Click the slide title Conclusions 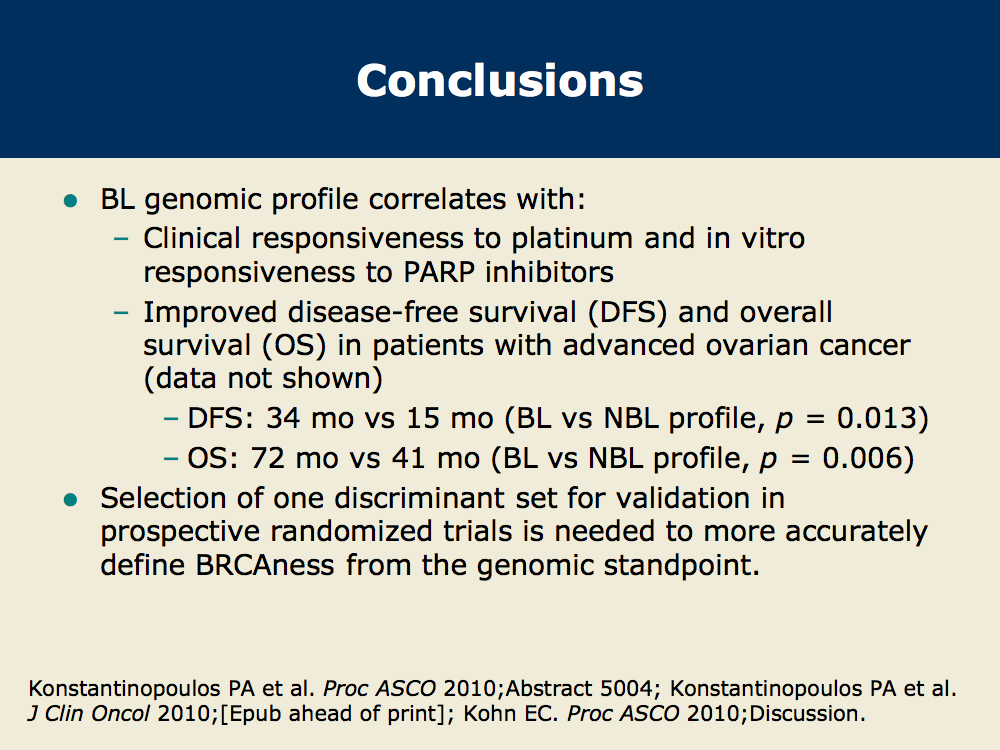tap(500, 81)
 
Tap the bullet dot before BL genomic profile tap(70, 202)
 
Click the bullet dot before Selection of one tap(70, 500)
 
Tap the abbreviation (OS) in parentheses tap(294, 346)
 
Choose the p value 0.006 tap(862, 459)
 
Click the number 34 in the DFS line tap(283, 418)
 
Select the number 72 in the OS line tap(267, 459)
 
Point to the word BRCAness tap(265, 565)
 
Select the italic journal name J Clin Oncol tap(89, 714)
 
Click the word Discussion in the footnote tap(807, 714)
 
